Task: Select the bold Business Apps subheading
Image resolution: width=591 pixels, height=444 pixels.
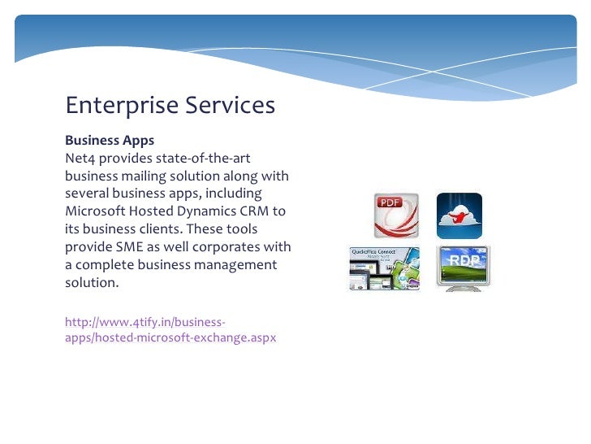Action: (x=110, y=141)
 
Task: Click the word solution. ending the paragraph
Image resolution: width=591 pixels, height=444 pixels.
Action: (x=92, y=283)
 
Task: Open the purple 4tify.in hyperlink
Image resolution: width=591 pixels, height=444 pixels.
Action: (x=170, y=329)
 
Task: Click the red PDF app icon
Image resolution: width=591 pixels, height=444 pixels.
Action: (x=395, y=215)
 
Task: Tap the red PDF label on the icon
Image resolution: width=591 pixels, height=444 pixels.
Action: (x=393, y=202)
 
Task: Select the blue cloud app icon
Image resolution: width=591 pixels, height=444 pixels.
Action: (x=459, y=215)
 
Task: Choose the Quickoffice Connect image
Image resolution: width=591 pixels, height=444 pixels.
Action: (x=386, y=268)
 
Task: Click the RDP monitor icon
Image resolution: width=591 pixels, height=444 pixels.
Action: (x=463, y=268)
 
